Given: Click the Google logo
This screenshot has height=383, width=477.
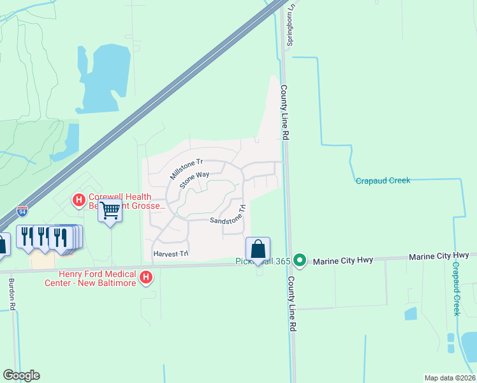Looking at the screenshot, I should point(21,375).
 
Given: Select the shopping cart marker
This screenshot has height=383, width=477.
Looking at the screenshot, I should point(111,210).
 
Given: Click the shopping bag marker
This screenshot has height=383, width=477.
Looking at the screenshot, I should point(258,249).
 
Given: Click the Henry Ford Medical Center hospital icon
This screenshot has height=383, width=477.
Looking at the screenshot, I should point(146,278).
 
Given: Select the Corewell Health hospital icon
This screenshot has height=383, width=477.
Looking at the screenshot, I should point(78,200).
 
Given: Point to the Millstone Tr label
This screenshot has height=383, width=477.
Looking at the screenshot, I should point(186,169).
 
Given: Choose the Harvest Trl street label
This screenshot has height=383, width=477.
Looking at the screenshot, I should point(171,254).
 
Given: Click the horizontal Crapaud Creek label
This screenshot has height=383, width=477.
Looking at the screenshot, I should point(382,181).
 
